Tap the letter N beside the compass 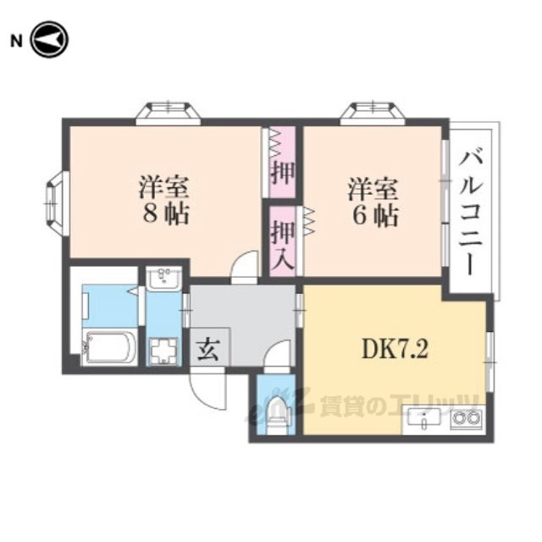click(14, 39)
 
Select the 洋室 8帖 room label click(164, 199)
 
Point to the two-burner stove click(464, 419)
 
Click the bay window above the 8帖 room click(169, 111)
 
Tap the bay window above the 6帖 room click(373, 111)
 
